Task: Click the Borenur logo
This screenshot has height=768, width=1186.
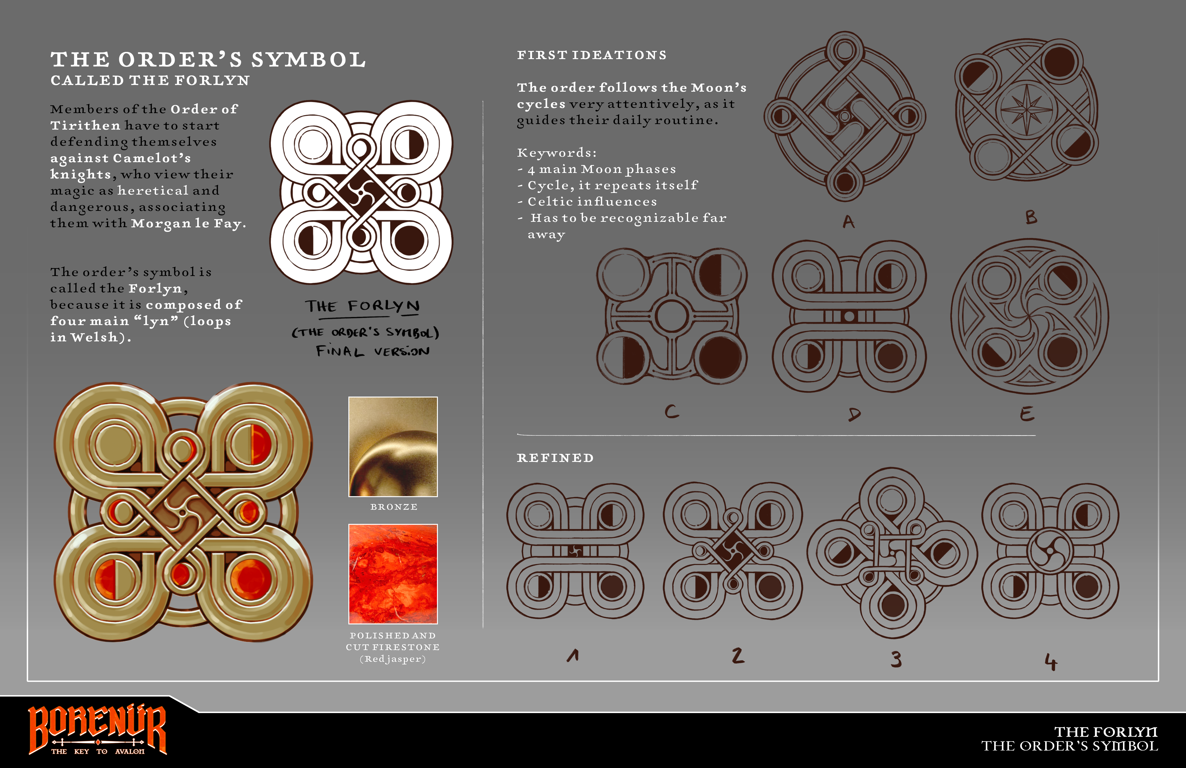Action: [x=97, y=729]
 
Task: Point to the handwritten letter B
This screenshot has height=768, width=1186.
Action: [x=1031, y=217]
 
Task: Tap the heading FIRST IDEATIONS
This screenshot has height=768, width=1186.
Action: [x=592, y=55]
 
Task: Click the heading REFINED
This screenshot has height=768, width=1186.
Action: [x=555, y=458]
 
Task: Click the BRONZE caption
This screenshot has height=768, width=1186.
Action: [x=394, y=507]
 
